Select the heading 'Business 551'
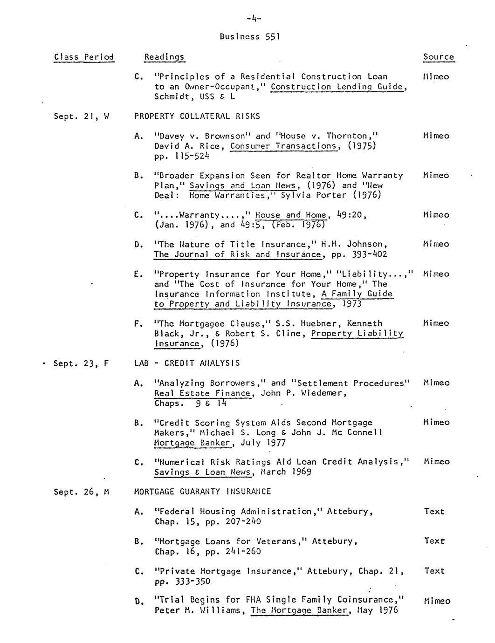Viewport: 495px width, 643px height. click(x=249, y=37)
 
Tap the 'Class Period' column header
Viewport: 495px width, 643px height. click(x=84, y=57)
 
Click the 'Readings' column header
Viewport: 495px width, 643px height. click(x=164, y=57)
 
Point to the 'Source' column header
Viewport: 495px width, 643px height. click(x=438, y=57)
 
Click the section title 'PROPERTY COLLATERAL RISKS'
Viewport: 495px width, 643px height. click(x=197, y=116)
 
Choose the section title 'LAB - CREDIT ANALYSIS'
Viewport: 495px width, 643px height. click(x=187, y=363)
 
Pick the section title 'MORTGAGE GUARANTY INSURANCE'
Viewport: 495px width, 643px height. click(x=202, y=492)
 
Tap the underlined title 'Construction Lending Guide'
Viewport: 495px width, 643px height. click(x=337, y=87)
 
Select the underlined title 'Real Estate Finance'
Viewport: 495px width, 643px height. click(x=202, y=393)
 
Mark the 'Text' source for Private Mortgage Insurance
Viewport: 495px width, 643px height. click(x=434, y=571)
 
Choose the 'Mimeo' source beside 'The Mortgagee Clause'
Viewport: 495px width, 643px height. click(x=436, y=323)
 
